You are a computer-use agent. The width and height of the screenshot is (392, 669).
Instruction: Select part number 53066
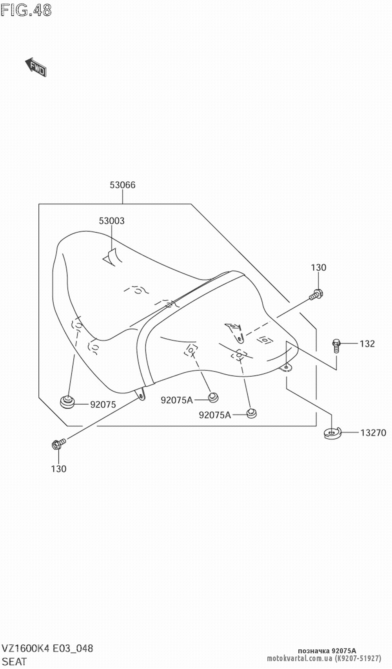point(122,185)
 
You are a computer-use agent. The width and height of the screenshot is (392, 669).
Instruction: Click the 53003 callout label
point(111,221)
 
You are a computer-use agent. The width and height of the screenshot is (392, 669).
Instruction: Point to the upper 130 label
point(318,268)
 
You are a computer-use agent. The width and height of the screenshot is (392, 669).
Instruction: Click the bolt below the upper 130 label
point(316,294)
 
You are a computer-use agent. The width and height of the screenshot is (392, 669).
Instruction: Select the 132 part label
point(367,344)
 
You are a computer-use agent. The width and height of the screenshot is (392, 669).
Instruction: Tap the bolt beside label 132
point(336,344)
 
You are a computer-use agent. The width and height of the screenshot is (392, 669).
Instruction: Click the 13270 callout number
point(373,433)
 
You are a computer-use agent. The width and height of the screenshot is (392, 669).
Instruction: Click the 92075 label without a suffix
point(103,405)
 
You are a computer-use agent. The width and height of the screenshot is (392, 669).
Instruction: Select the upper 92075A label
point(176,400)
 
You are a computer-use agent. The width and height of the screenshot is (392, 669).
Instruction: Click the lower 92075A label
point(215,415)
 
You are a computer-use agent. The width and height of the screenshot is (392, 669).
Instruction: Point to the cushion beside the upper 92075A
point(212,397)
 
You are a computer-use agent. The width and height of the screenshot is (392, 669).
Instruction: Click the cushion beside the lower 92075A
point(251,413)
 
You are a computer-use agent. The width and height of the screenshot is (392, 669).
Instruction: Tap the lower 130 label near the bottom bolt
point(58,468)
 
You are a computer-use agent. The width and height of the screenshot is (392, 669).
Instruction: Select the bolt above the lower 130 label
point(58,445)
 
